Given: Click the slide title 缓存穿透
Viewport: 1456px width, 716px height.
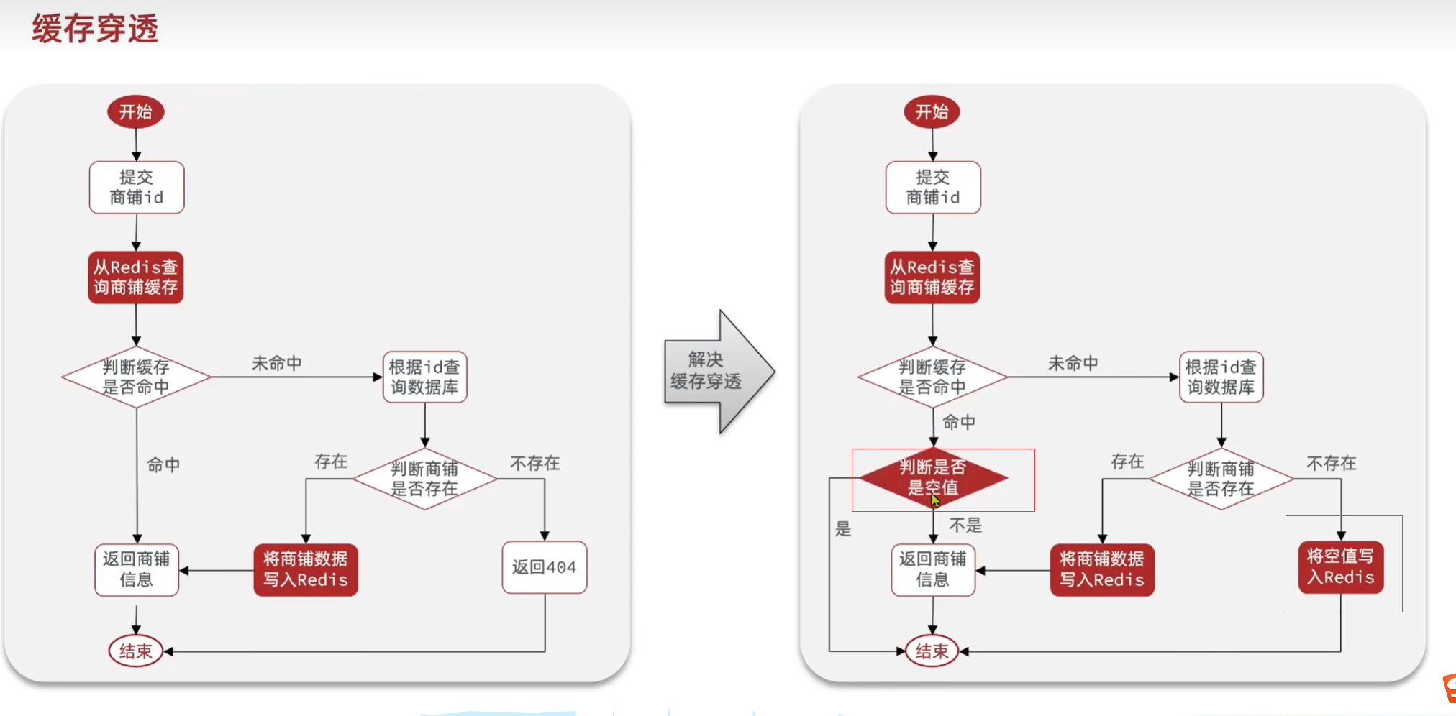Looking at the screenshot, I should pyautogui.click(x=95, y=29).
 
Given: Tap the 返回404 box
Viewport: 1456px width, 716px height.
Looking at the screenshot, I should pyautogui.click(x=544, y=567).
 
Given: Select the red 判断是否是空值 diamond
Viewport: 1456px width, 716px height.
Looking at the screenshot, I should pyautogui.click(x=932, y=477).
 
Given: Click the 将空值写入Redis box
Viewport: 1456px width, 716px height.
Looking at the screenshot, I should pyautogui.click(x=1340, y=566).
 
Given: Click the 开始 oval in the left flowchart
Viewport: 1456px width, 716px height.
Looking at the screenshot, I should pyautogui.click(x=136, y=112).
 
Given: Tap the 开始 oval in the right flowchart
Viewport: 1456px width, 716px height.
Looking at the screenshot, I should pyautogui.click(x=932, y=112).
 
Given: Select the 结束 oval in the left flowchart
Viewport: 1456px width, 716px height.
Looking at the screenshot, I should pyautogui.click(x=136, y=651).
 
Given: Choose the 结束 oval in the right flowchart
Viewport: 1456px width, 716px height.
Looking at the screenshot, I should pyautogui.click(x=932, y=651).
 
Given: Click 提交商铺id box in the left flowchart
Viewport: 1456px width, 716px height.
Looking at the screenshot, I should pyautogui.click(x=136, y=188).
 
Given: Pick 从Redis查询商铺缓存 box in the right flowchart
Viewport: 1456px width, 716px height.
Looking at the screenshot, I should pyautogui.click(x=932, y=277).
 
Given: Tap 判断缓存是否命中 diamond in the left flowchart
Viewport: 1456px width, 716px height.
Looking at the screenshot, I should pyautogui.click(x=136, y=377).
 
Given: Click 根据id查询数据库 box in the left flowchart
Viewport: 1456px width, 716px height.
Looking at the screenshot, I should pyautogui.click(x=424, y=377).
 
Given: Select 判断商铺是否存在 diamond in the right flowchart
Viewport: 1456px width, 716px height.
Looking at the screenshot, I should pyautogui.click(x=1221, y=479).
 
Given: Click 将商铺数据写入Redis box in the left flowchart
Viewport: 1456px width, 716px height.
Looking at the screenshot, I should pyautogui.click(x=305, y=569).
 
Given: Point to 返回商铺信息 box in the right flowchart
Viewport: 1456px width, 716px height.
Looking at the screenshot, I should pyautogui.click(x=932, y=569).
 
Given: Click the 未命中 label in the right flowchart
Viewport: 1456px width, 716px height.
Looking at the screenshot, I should pyautogui.click(x=1073, y=364).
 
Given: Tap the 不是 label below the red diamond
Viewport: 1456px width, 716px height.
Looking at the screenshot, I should pyautogui.click(x=965, y=525).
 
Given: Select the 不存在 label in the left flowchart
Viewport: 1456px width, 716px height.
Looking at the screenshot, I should pyautogui.click(x=534, y=464).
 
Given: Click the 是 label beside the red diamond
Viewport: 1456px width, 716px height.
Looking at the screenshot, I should pyautogui.click(x=843, y=529).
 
